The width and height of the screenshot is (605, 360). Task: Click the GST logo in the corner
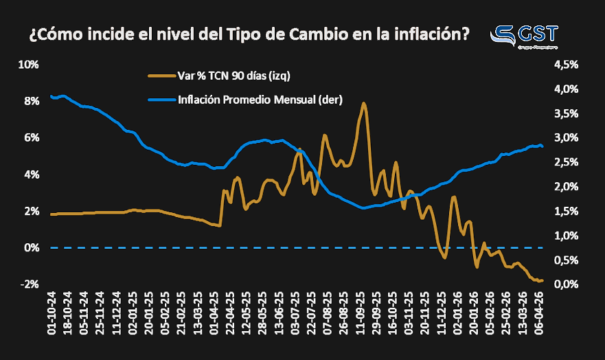526,36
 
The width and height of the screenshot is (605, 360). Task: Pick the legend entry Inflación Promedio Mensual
260,100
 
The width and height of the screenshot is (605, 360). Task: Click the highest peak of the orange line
363,103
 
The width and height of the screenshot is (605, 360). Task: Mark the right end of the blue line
543,146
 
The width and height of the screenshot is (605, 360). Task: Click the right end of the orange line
543,280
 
